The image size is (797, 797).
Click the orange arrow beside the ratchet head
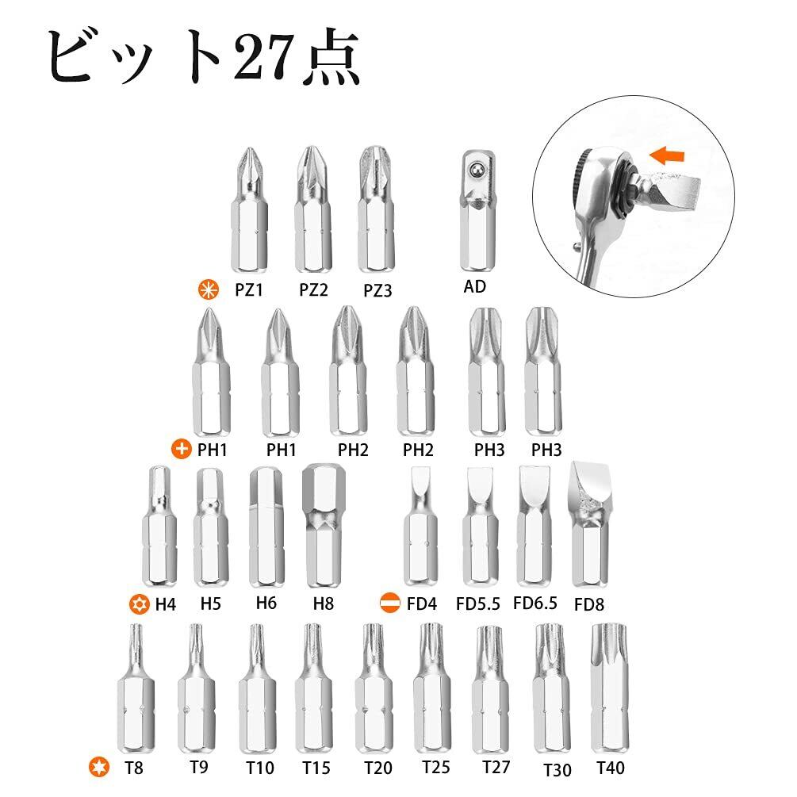click(x=667, y=155)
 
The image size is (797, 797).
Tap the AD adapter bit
click(x=477, y=211)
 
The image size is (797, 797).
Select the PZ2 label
click(x=313, y=289)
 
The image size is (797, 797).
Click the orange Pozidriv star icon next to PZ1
click(x=209, y=289)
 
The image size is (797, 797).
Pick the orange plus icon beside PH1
click(x=182, y=450)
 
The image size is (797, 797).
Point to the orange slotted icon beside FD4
click(x=390, y=603)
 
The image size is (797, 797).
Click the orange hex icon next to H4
click(x=139, y=603)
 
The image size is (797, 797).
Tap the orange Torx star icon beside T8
click(x=98, y=767)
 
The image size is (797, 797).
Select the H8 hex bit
click(x=324, y=526)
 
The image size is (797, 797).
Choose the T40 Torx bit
click(x=609, y=688)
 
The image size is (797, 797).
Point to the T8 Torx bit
click(x=136, y=688)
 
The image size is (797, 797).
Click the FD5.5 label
click(x=477, y=603)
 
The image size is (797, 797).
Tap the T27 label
click(x=496, y=767)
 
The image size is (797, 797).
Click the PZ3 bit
click(x=376, y=209)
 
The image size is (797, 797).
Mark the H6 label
click(x=266, y=603)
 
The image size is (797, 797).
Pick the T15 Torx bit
click(x=314, y=688)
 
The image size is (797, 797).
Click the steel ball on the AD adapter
click(x=477, y=169)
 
